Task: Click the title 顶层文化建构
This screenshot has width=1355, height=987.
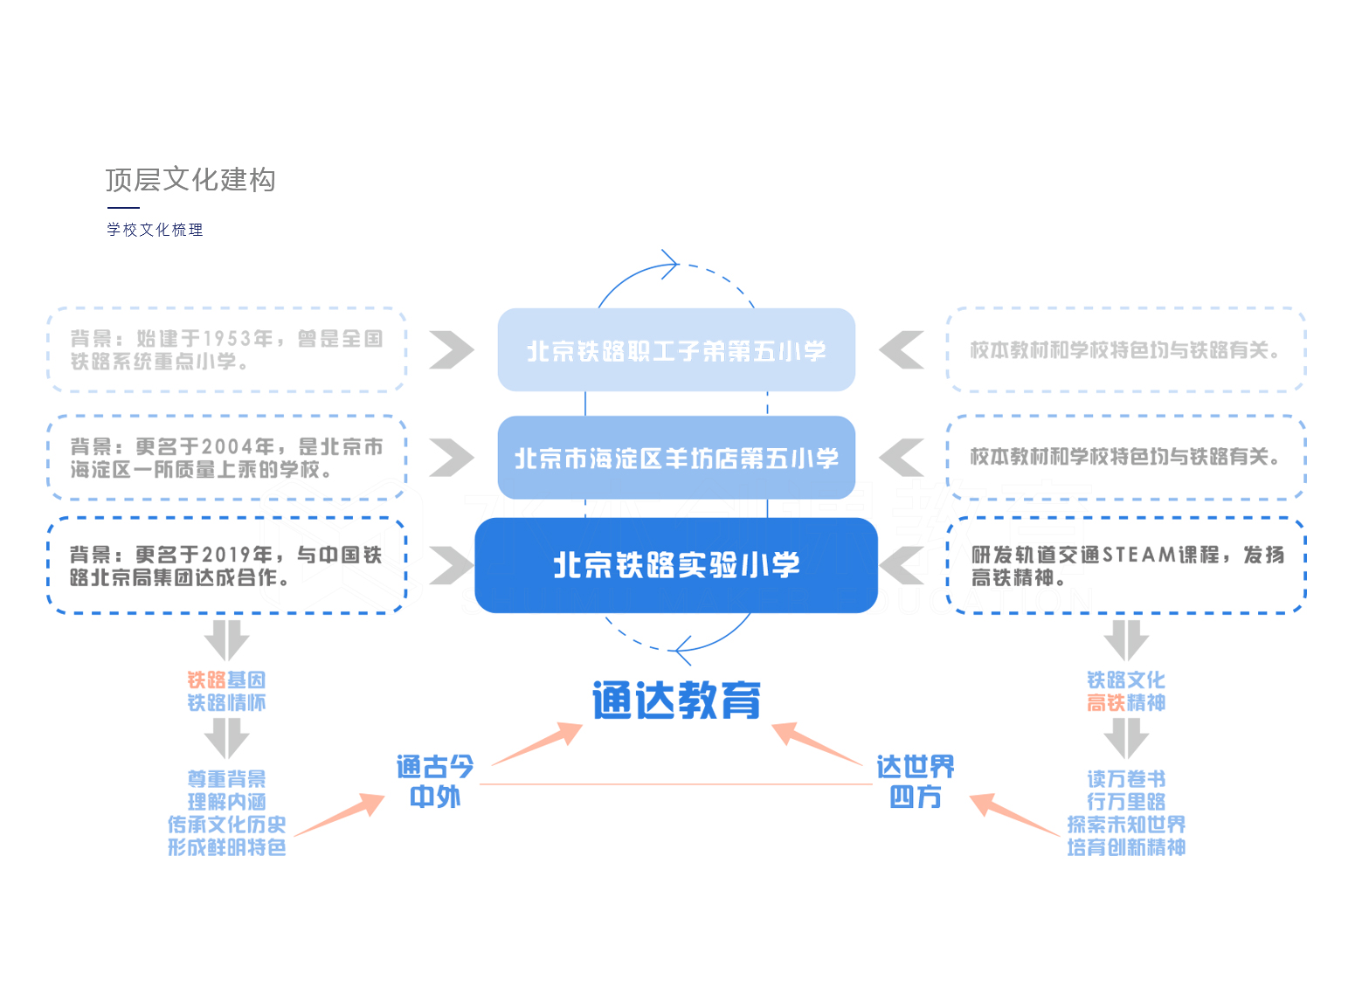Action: coord(190,180)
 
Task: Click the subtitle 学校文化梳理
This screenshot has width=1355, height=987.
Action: coord(155,230)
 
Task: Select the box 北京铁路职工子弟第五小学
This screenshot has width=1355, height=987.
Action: coord(676,350)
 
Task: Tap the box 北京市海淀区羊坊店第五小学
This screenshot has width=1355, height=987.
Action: coord(676,458)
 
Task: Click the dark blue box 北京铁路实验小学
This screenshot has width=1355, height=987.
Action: coord(676,565)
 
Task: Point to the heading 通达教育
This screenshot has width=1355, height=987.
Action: coord(676,701)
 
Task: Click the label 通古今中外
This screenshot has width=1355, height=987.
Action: coord(435,782)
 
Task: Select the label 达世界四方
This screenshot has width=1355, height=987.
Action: coord(916,782)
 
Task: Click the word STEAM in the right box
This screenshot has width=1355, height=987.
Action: coord(1139,555)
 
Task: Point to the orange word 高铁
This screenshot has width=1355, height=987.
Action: coord(1106,703)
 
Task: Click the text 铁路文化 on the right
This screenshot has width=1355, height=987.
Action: coord(1125,680)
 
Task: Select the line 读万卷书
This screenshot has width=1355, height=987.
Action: coord(1125,778)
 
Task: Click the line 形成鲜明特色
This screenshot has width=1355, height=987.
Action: coord(227,847)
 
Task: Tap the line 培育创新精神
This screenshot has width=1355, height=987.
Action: coord(1125,847)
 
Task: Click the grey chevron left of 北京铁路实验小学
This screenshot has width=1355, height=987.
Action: coord(451,565)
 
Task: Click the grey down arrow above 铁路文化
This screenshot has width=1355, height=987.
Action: coord(1125,640)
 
